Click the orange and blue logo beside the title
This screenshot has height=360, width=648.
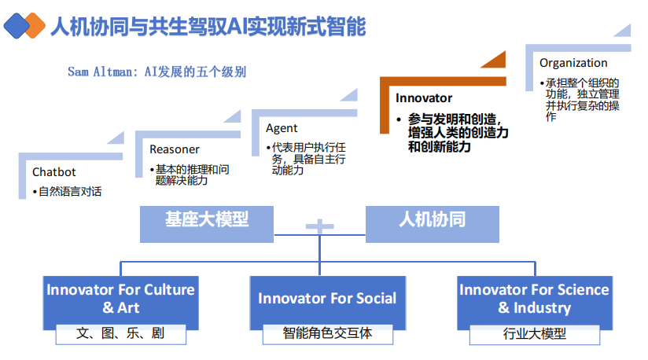24,27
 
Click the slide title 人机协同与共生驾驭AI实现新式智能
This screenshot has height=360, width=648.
208,27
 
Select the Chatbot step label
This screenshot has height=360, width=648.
54,172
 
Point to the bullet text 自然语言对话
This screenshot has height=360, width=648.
70,191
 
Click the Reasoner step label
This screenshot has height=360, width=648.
175,149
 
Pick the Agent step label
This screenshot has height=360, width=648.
282,128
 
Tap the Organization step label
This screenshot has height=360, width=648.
573,63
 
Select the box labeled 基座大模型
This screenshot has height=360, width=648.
207,222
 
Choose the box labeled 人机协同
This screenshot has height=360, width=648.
432,222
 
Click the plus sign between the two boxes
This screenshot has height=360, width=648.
320,226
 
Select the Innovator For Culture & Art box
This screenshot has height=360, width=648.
120,298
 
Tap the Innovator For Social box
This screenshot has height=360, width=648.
327,298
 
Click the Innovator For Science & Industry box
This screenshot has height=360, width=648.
534,298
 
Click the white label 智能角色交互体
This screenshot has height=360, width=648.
327,332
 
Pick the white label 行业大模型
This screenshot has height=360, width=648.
534,333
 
